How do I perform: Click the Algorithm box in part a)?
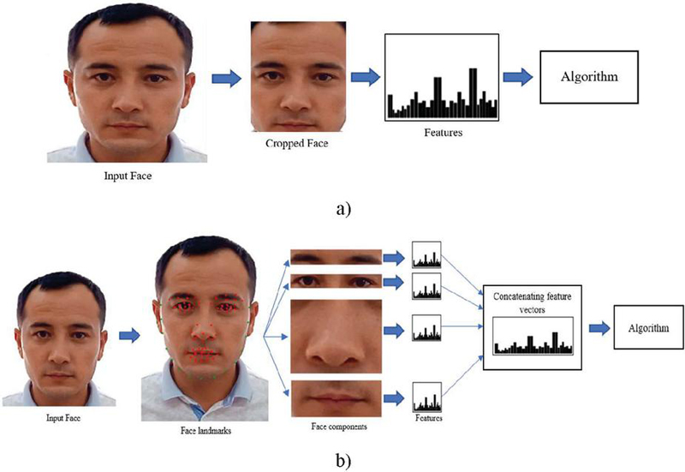point(589,77)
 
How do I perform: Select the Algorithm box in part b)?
point(648,327)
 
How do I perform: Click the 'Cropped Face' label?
point(296,143)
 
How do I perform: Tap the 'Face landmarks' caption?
point(205,431)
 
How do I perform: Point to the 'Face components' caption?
point(339,426)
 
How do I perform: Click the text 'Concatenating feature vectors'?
point(532,303)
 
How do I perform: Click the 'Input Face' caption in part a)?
point(128,176)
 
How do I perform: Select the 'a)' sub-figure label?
point(343,209)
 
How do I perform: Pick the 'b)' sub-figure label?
point(343,461)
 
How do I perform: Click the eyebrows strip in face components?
point(336,257)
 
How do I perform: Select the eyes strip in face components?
point(336,281)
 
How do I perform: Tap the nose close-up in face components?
point(336,336)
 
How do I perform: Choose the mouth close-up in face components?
point(336,398)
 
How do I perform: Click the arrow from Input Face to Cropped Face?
point(226,79)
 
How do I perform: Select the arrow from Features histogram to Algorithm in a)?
point(518,77)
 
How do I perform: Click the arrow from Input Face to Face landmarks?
point(129,335)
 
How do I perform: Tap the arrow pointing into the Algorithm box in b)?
point(599,328)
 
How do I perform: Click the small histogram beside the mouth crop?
point(426,397)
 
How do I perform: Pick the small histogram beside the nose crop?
point(426,328)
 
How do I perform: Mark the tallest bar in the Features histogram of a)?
point(473,93)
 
